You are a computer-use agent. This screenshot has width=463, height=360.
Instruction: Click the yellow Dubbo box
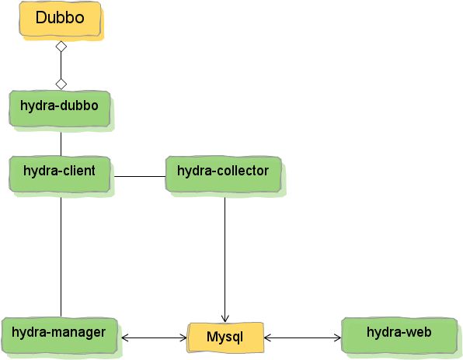(x=61, y=19)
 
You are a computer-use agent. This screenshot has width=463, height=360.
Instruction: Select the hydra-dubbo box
(x=60, y=109)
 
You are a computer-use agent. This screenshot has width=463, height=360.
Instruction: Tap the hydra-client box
(x=60, y=174)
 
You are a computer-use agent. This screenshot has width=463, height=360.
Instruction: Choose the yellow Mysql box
(x=225, y=337)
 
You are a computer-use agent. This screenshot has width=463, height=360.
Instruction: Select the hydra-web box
(x=399, y=335)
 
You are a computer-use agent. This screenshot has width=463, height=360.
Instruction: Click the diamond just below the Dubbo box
(x=61, y=47)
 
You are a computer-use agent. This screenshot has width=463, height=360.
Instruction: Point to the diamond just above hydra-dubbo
(x=61, y=84)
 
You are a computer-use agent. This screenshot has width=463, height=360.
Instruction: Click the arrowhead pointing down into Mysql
(x=225, y=319)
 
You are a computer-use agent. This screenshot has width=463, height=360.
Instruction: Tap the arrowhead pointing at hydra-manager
(x=124, y=337)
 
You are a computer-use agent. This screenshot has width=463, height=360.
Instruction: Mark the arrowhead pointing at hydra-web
(x=337, y=337)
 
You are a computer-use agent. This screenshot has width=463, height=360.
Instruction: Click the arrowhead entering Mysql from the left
(x=183, y=337)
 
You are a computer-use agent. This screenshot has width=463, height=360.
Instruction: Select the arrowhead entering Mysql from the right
(x=267, y=337)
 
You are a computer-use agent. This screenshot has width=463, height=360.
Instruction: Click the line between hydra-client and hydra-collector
(x=140, y=177)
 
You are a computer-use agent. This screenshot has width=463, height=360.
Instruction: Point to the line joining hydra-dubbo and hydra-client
(x=61, y=144)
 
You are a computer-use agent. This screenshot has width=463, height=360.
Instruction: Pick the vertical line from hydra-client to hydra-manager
(x=61, y=257)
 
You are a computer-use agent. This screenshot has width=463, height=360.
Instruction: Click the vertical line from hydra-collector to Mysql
(x=225, y=259)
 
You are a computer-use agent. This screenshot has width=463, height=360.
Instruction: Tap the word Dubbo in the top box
(x=60, y=17)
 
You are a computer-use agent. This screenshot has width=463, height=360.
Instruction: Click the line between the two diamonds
(x=61, y=65)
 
